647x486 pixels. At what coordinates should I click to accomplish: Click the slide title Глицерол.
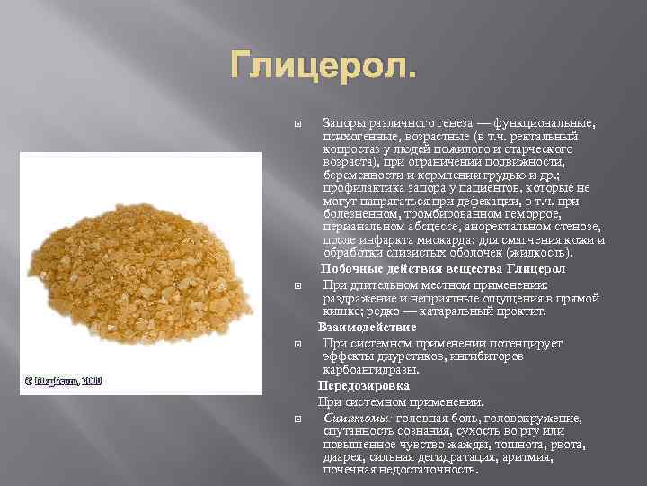(323, 65)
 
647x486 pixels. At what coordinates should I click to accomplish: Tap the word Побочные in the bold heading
(350, 269)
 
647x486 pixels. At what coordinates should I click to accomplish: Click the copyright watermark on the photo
(61, 381)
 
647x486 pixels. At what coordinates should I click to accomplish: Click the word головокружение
(534, 418)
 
